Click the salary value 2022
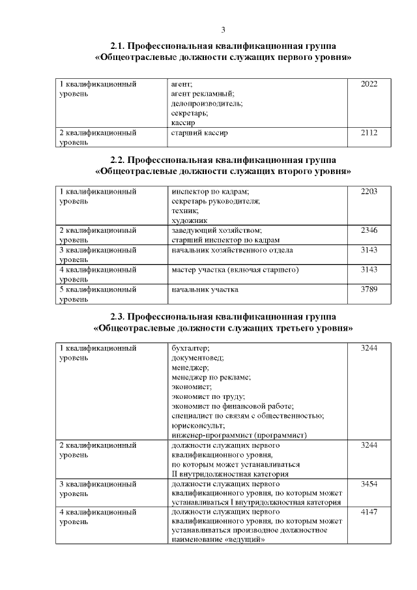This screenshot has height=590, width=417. (369, 84)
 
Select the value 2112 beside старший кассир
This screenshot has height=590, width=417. (369, 132)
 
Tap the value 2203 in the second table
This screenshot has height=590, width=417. (369, 192)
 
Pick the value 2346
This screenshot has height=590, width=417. (369, 230)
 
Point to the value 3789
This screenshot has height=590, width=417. (369, 289)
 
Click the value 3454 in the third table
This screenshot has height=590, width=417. (369, 484)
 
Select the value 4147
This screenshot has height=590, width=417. (369, 513)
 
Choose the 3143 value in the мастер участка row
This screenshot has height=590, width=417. (369, 269)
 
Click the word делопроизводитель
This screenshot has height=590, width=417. (207, 103)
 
